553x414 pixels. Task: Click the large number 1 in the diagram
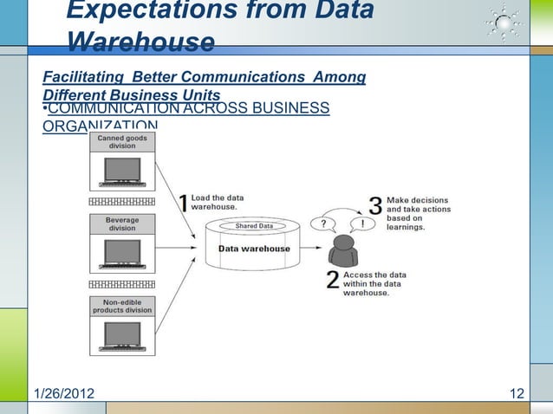(x=183, y=203)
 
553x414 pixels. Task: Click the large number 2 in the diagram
(x=333, y=281)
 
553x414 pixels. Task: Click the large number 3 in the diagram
(x=375, y=205)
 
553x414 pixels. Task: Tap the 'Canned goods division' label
(x=121, y=142)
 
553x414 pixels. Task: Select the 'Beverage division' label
(x=121, y=223)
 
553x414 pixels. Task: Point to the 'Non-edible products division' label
(x=121, y=306)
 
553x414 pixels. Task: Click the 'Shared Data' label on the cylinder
(x=254, y=226)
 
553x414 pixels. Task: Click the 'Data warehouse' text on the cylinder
(x=254, y=249)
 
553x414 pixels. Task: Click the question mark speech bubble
(x=322, y=223)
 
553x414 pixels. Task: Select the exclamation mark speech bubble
(x=362, y=223)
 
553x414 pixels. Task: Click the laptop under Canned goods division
(x=121, y=172)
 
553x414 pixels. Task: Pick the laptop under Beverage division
(x=121, y=254)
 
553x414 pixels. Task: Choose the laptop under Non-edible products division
(x=121, y=336)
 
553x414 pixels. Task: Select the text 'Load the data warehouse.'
(x=218, y=203)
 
